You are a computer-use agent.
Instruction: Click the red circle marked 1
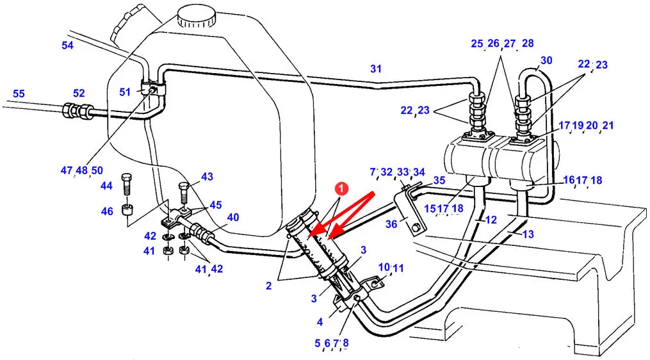pyautogui.click(x=341, y=189)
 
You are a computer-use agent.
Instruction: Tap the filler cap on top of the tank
pyautogui.click(x=197, y=17)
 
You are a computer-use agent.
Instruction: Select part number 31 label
pyautogui.click(x=376, y=69)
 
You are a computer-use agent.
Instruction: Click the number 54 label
pyautogui.click(x=68, y=45)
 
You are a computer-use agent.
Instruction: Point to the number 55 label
pyautogui.click(x=19, y=94)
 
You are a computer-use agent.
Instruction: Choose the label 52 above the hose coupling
pyautogui.click(x=79, y=94)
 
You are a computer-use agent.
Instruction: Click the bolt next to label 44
pyautogui.click(x=126, y=184)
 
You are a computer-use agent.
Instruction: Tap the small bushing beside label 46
pyautogui.click(x=127, y=210)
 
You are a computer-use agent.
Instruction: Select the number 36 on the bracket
pyautogui.click(x=391, y=224)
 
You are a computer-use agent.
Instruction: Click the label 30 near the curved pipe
pyautogui.click(x=546, y=61)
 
